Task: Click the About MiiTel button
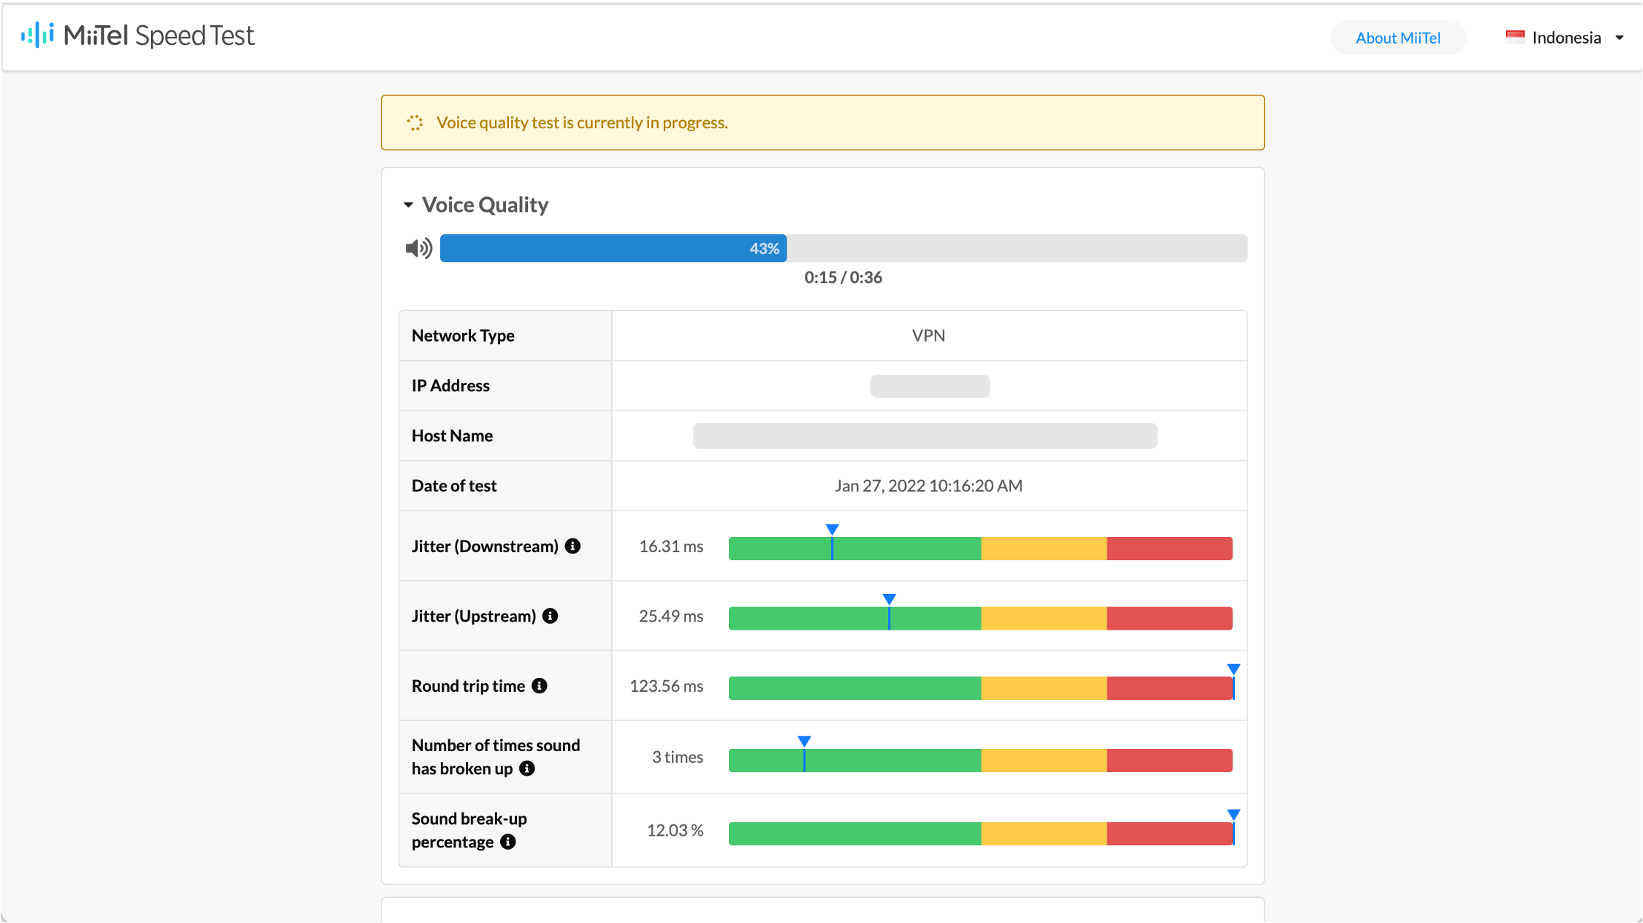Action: coord(1398,38)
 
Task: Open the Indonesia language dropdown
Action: coord(1564,38)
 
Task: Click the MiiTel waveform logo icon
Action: coord(38,35)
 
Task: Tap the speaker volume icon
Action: coord(419,248)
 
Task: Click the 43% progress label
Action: coord(764,249)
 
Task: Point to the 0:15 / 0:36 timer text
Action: coord(843,278)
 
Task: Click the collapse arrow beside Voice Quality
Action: coord(408,205)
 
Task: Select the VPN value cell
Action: coord(928,336)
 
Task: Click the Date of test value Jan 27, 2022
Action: coord(928,486)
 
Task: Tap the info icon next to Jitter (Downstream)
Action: coord(573,546)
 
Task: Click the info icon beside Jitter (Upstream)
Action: coord(550,616)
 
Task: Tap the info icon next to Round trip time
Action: coord(539,686)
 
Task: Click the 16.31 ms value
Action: coord(671,547)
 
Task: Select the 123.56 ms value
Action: coord(666,686)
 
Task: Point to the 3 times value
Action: coord(677,757)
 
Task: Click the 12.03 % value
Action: coord(675,830)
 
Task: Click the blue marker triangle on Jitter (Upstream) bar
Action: coord(889,599)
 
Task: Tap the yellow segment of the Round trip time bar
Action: coord(1044,688)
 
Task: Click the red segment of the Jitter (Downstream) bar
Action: coord(1170,549)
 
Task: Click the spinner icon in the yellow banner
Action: coord(415,123)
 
